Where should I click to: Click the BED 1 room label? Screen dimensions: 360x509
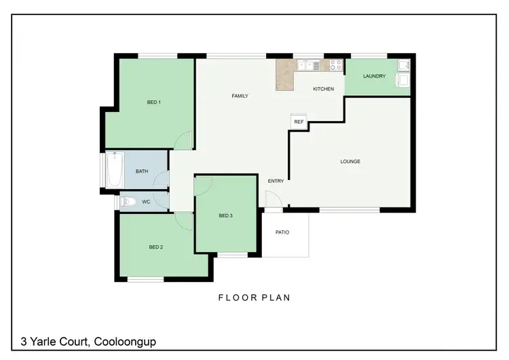pyautogui.click(x=153, y=103)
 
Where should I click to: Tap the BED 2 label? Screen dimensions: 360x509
pyautogui.click(x=155, y=247)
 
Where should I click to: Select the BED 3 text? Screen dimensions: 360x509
pyautogui.click(x=226, y=216)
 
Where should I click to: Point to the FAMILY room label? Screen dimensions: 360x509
pyautogui.click(x=240, y=96)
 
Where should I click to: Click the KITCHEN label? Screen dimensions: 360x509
pyautogui.click(x=323, y=90)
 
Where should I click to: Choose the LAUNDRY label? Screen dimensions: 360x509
pyautogui.click(x=374, y=76)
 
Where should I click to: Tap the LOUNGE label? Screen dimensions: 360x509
pyautogui.click(x=350, y=162)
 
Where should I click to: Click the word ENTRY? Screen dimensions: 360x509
pyautogui.click(x=276, y=181)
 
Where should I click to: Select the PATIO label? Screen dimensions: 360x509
pyautogui.click(x=282, y=233)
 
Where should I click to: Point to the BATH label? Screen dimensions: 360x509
pyautogui.click(x=142, y=171)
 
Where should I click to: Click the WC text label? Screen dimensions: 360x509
pyautogui.click(x=146, y=202)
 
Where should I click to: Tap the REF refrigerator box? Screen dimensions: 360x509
pyautogui.click(x=299, y=122)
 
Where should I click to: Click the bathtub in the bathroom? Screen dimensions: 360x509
pyautogui.click(x=114, y=170)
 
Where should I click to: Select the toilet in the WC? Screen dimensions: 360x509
pyautogui.click(x=128, y=201)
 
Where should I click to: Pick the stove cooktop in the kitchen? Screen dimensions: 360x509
pyautogui.click(x=335, y=65)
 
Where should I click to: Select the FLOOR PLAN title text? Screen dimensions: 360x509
pyautogui.click(x=254, y=298)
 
